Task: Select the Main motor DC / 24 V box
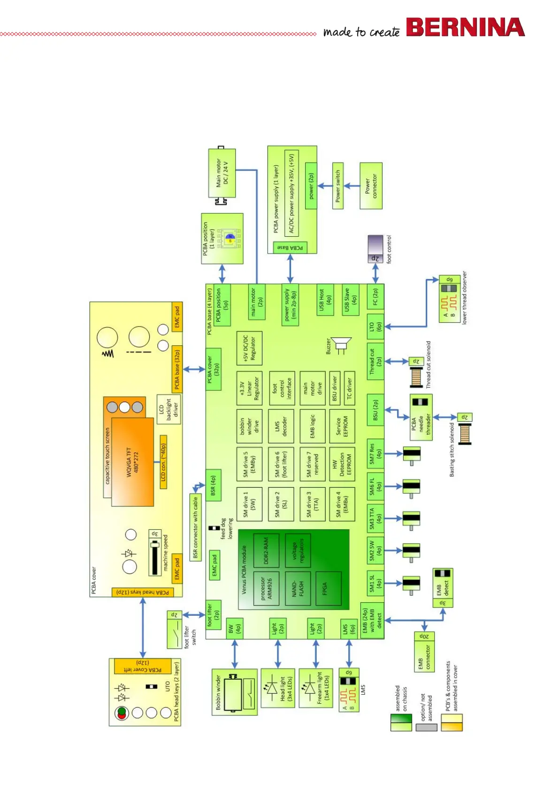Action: pyautogui.click(x=222, y=173)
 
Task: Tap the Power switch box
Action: pyautogui.click(x=338, y=186)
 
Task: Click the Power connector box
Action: pyautogui.click(x=371, y=186)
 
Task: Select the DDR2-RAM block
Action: pyautogui.click(x=266, y=551)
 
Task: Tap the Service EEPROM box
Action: pyautogui.click(x=342, y=427)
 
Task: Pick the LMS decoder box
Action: pyautogui.click(x=281, y=427)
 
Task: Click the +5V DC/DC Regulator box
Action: pyautogui.click(x=249, y=349)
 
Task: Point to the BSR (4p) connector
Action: pyautogui.click(x=213, y=485)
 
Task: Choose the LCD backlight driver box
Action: pyautogui.click(x=169, y=409)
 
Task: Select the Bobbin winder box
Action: pyautogui.click(x=235, y=692)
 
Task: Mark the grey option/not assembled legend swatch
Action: pyautogui.click(x=426, y=727)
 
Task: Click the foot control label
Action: pyautogui.click(x=389, y=249)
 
